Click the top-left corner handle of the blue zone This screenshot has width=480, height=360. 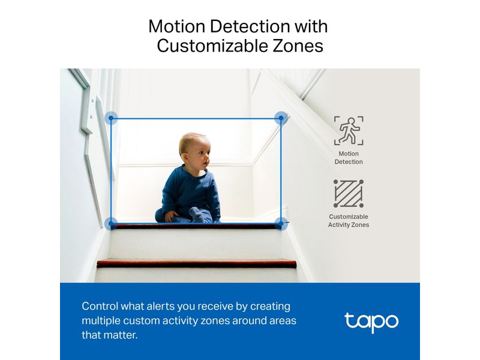(x=111, y=118)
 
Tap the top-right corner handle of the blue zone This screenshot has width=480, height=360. (x=281, y=118)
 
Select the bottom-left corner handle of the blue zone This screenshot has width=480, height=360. (x=111, y=224)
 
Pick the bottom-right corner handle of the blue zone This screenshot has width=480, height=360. (x=281, y=224)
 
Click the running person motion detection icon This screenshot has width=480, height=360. (x=349, y=131)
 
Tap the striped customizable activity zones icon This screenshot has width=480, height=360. (x=349, y=194)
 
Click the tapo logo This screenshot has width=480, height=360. (x=371, y=322)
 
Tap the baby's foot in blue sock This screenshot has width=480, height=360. (x=198, y=214)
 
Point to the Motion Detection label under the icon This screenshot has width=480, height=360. (x=349, y=158)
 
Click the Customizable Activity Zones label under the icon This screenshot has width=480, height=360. (x=349, y=221)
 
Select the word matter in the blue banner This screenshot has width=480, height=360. (x=121, y=335)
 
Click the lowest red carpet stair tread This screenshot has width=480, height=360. (x=197, y=263)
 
